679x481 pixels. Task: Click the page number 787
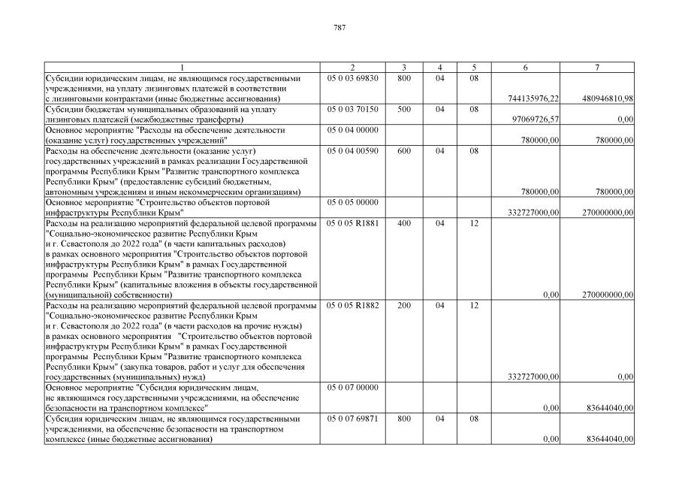click(x=339, y=28)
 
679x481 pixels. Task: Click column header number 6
click(x=525, y=68)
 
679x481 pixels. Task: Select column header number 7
click(x=597, y=68)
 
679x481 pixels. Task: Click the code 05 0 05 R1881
click(x=353, y=223)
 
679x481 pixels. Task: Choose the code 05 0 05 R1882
click(x=353, y=306)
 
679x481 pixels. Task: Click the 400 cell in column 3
click(x=404, y=223)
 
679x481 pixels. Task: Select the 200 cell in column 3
click(x=404, y=306)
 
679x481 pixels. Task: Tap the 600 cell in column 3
click(x=404, y=151)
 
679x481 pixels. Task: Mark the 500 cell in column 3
click(x=404, y=109)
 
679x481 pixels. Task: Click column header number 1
click(x=181, y=68)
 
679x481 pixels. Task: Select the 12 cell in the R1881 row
click(x=474, y=223)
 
